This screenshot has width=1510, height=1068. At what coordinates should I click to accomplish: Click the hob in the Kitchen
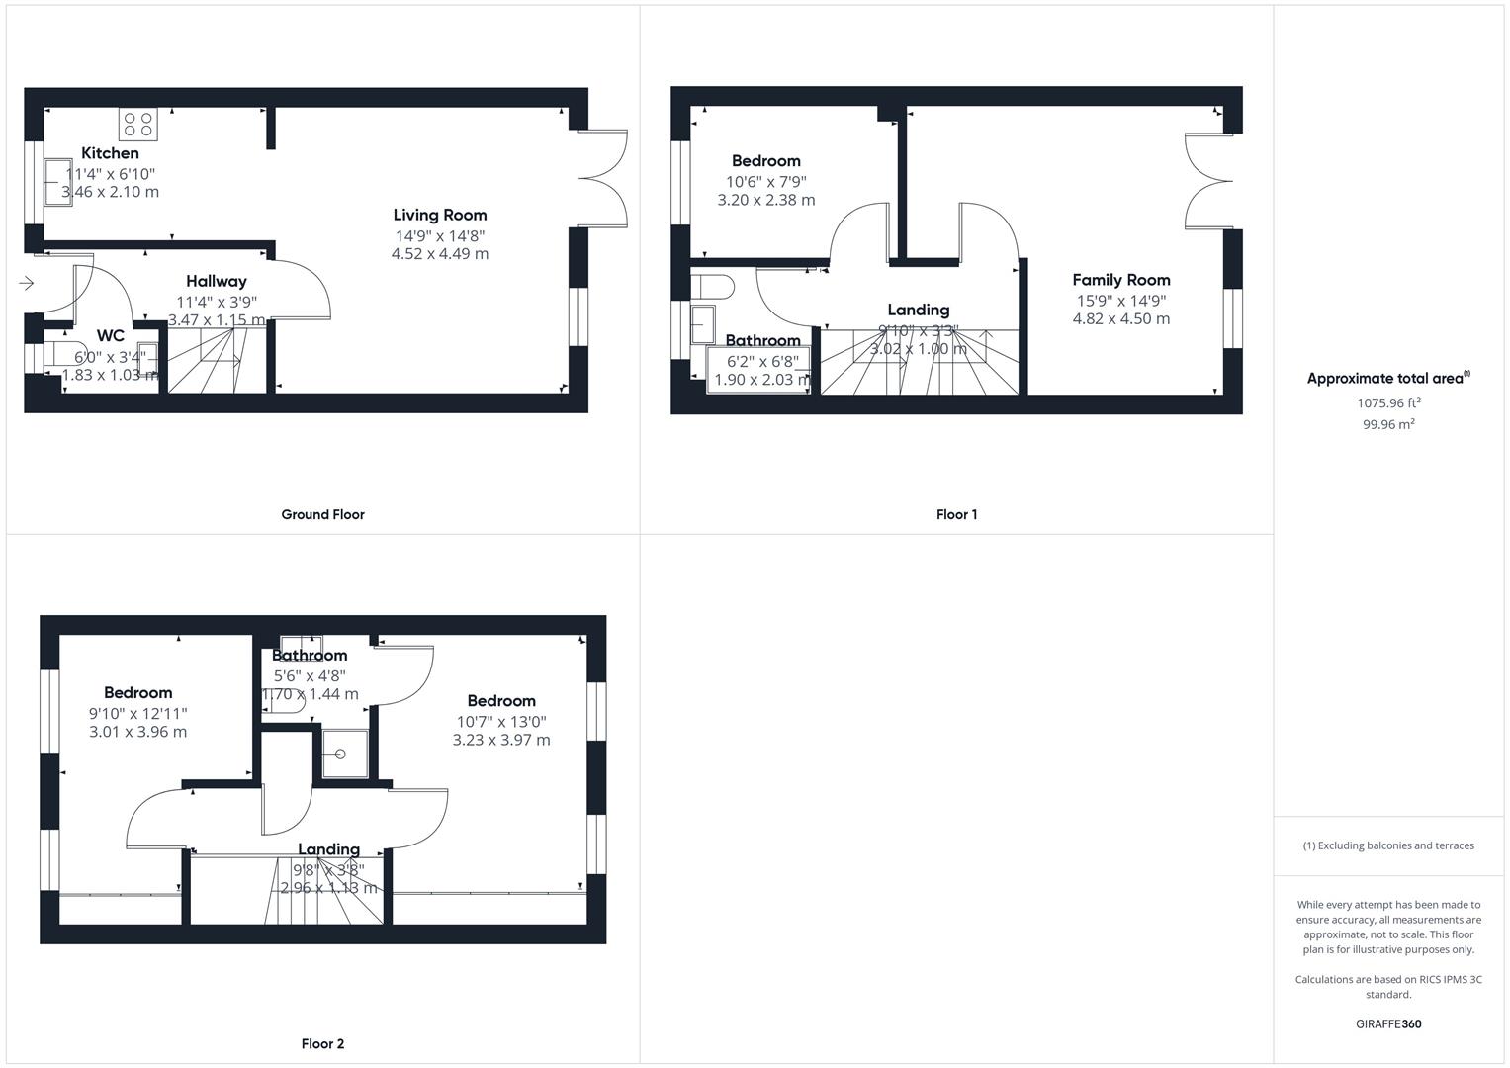tap(138, 124)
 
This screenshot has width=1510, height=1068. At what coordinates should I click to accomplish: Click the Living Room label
tap(440, 215)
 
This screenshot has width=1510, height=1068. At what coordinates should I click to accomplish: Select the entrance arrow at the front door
tap(26, 284)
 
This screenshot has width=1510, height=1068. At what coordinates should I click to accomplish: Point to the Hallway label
tap(217, 282)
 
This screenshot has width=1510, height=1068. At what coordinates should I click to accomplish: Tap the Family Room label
tap(1120, 280)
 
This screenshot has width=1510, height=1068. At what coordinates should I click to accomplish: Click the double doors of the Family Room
tap(1208, 180)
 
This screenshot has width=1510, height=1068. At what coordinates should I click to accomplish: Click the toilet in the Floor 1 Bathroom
tap(713, 287)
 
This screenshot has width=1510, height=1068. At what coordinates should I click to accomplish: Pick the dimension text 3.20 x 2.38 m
tap(766, 200)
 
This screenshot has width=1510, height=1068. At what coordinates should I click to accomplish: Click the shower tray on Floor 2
tap(343, 754)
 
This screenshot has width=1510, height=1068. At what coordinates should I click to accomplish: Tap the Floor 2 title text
tap(322, 1043)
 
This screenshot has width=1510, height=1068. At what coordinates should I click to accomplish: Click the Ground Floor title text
tap(322, 514)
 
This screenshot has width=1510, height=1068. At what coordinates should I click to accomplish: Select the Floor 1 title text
tap(956, 514)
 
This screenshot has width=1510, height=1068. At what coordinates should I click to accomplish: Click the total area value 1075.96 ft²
tap(1388, 403)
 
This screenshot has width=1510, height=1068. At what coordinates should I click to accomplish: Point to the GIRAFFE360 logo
tap(1388, 1023)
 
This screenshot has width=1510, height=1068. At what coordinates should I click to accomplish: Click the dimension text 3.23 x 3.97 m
tap(501, 740)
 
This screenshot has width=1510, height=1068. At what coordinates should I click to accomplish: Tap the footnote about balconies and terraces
tap(1388, 845)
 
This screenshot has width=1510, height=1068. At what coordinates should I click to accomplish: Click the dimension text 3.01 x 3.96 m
tap(137, 732)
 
